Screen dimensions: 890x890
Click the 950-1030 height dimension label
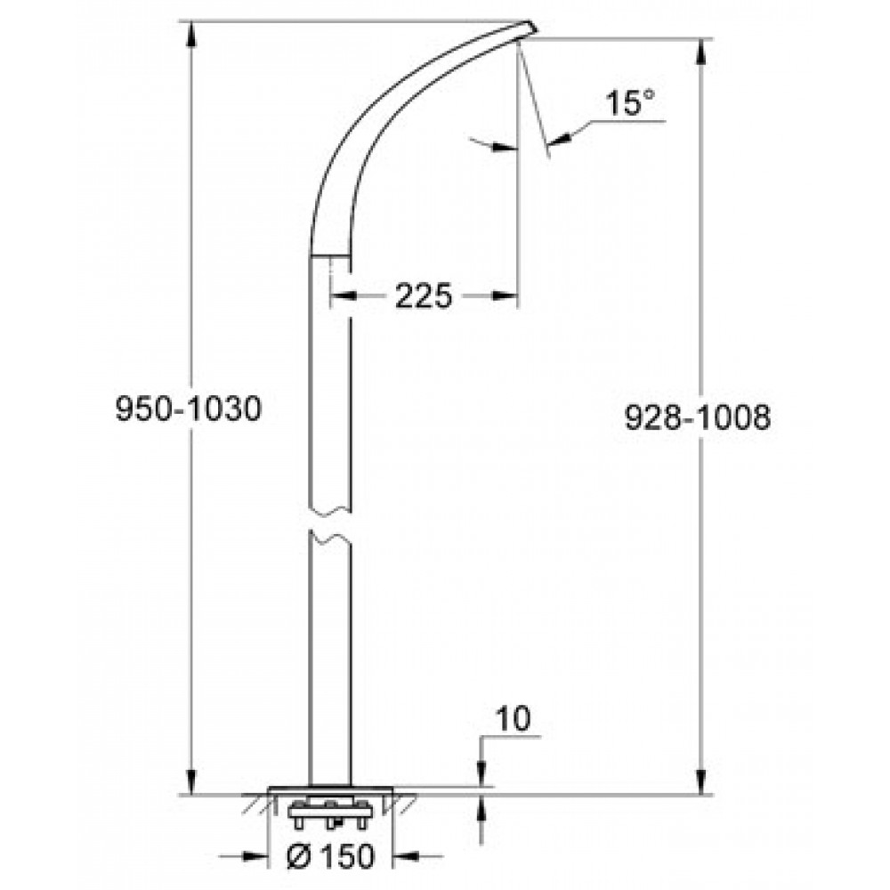click(x=189, y=409)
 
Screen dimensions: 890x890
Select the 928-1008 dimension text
click(x=698, y=417)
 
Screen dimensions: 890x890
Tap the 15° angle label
click(x=629, y=102)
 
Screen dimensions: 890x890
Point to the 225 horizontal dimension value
click(x=424, y=295)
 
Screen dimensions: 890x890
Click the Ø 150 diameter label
click(x=331, y=855)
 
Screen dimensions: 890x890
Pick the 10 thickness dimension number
click(x=514, y=718)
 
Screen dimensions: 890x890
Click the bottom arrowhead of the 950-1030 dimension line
click(x=192, y=781)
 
